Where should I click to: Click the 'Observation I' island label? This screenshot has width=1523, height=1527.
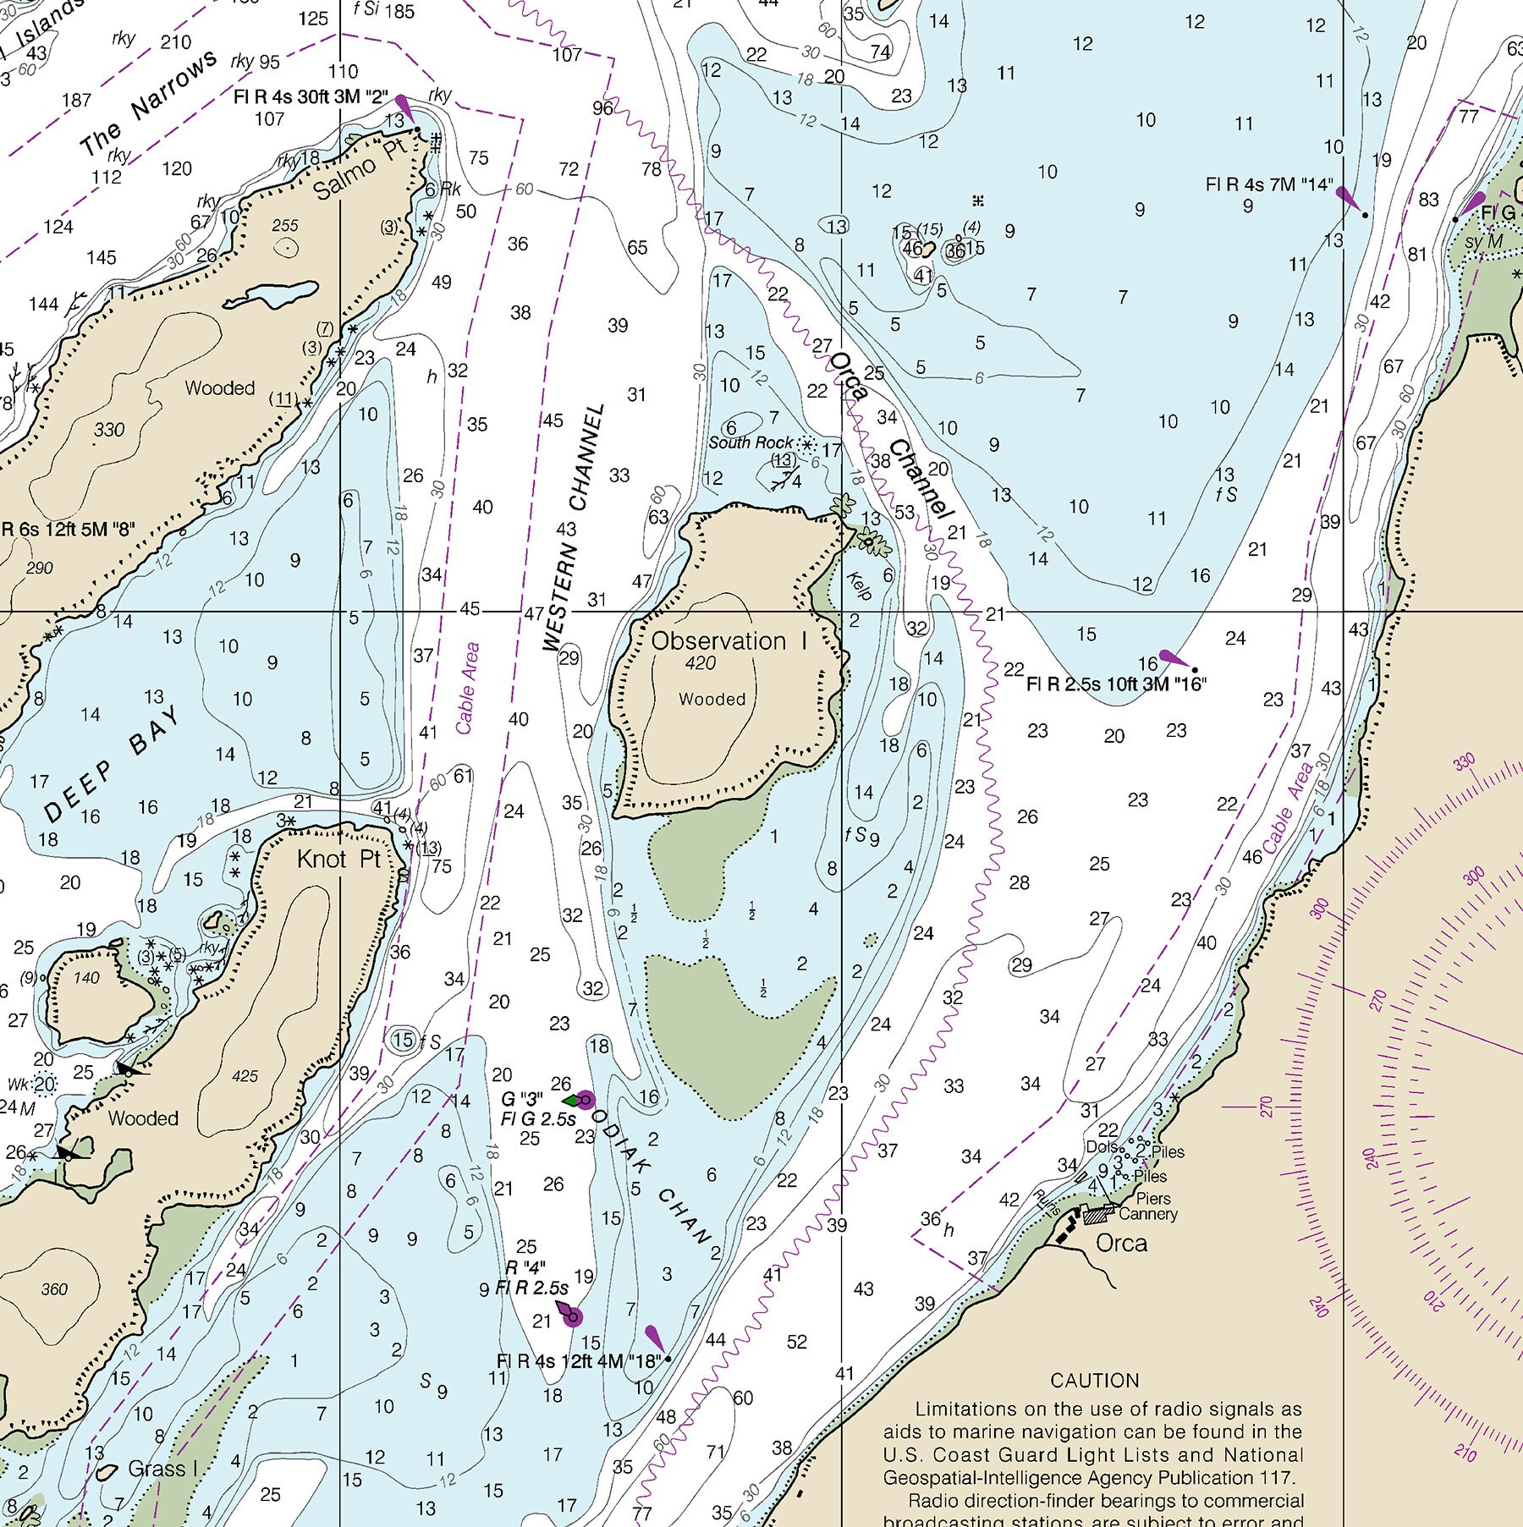(x=729, y=641)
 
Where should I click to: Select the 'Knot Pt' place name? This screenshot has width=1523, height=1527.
(x=338, y=860)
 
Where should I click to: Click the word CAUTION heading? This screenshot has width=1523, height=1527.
(x=1094, y=1381)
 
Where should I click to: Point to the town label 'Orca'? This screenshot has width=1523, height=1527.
(x=1121, y=1243)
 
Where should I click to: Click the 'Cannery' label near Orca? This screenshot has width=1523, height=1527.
(x=1147, y=1214)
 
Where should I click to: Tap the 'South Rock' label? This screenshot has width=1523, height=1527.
(x=751, y=442)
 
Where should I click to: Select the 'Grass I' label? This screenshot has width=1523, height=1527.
(x=162, y=1469)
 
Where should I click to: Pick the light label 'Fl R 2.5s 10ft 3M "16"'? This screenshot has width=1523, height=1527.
(x=1115, y=684)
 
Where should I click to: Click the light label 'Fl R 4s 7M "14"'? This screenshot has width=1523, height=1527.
(x=1268, y=184)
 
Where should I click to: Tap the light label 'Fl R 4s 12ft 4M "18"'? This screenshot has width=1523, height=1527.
(x=580, y=1361)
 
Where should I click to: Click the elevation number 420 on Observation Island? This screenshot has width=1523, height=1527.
(x=700, y=663)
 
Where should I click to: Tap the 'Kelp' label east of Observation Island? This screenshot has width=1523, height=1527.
(x=859, y=585)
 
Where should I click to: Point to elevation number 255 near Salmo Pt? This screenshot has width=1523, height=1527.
(x=285, y=226)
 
